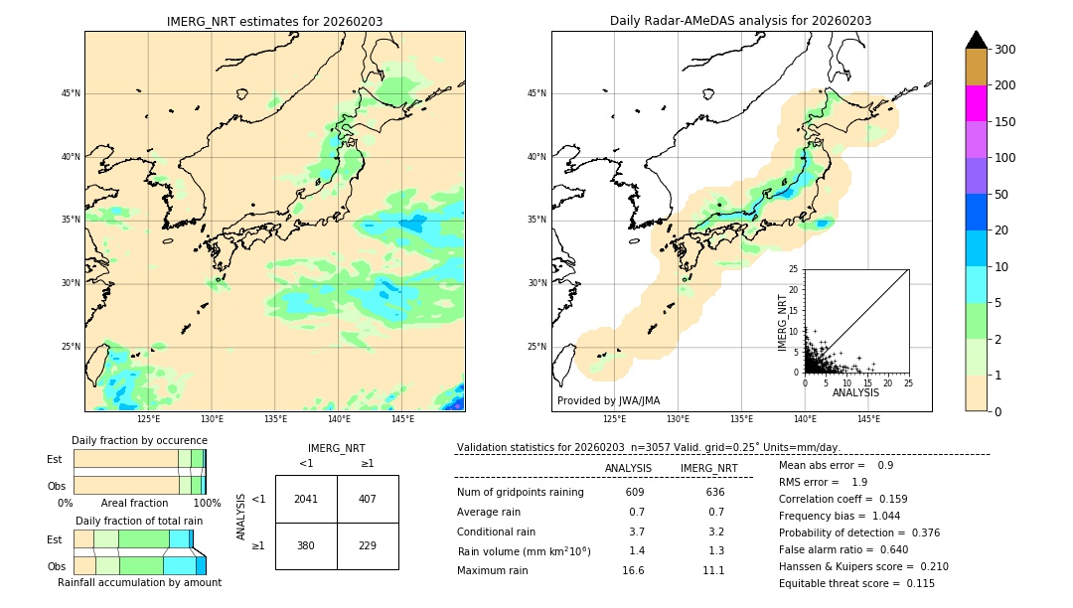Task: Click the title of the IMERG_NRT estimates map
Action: pos(274,21)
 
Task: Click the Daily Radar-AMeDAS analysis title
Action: pos(740,21)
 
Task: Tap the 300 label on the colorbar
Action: pos(1004,49)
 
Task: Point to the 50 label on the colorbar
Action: pos(1000,194)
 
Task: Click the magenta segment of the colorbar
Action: pos(976,103)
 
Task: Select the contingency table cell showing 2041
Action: pos(306,499)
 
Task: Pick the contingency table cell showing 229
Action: pos(368,545)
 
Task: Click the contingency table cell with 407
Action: pos(368,499)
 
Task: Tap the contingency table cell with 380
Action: pos(306,545)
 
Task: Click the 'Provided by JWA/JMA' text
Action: pos(608,401)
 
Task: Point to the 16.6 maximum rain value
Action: pos(634,570)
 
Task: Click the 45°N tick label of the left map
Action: pos(70,94)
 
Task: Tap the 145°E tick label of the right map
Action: pos(868,419)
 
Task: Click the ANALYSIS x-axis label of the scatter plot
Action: pos(855,392)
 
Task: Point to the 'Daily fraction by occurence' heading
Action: pos(139,440)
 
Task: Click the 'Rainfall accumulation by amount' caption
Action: pos(139,582)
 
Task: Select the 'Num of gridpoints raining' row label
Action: pos(521,493)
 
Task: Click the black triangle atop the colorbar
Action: pos(976,40)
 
